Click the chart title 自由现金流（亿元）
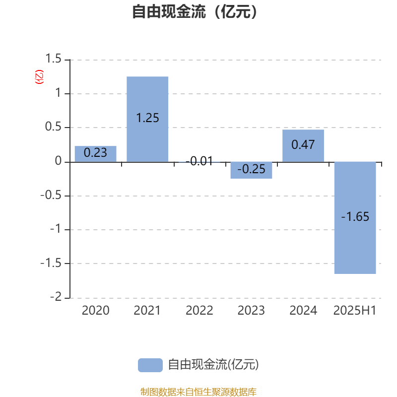pyautogui.click(x=195, y=11)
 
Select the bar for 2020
pyautogui.click(x=95, y=154)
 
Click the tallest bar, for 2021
pyautogui.click(x=147, y=119)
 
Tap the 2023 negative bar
pyautogui.click(x=251, y=170)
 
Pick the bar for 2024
pyautogui.click(x=303, y=145)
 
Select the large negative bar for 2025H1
pyautogui.click(x=355, y=218)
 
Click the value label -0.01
pyautogui.click(x=199, y=161)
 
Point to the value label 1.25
pyautogui.click(x=147, y=118)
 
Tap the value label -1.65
pyautogui.click(x=355, y=217)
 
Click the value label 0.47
pyautogui.click(x=303, y=144)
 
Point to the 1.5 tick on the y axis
pyautogui.click(x=53, y=59)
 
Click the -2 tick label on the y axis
pyautogui.click(x=56, y=297)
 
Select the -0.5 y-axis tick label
pyautogui.click(x=51, y=195)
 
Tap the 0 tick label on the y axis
pyautogui.click(x=58, y=161)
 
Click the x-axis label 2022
pyautogui.click(x=199, y=311)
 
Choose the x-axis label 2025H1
pyautogui.click(x=355, y=311)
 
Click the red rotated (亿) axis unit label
pyautogui.click(x=39, y=77)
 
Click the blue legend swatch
pyautogui.click(x=150, y=365)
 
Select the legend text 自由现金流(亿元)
pyautogui.click(x=213, y=365)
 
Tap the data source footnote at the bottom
pyautogui.click(x=198, y=392)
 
